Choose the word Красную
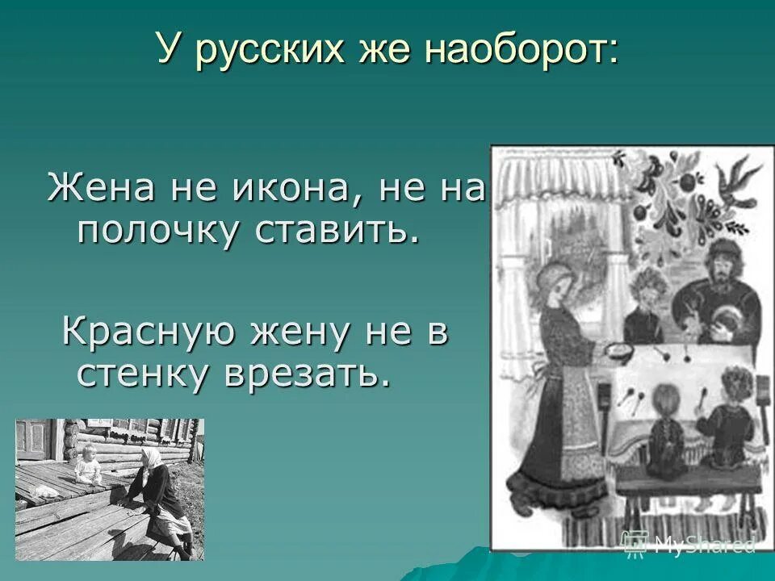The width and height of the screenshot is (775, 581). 153,333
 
